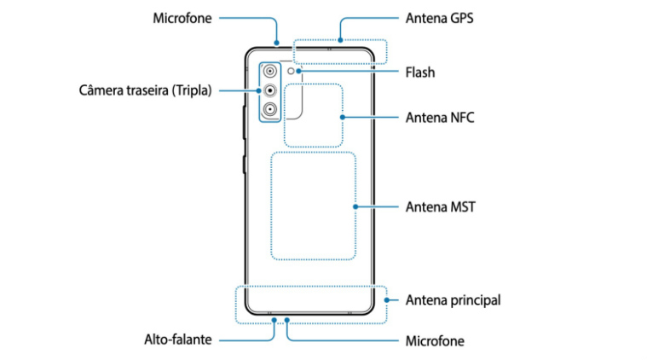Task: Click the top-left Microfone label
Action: [182, 18]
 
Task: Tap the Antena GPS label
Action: [440, 18]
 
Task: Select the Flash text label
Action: [420, 73]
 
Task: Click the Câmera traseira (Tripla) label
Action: [145, 90]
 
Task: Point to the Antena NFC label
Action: [440, 117]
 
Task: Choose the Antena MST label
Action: [440, 206]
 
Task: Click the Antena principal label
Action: [453, 300]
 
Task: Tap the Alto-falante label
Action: [178, 340]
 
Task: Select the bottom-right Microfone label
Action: [435, 341]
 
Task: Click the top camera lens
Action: [270, 72]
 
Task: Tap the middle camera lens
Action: [270, 90]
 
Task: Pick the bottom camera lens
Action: [270, 109]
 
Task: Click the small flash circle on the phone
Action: [291, 72]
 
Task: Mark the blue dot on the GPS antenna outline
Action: [340, 40]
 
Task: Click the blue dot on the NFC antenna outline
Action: [343, 117]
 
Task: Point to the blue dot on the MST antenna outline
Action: [355, 206]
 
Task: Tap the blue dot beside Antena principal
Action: [387, 300]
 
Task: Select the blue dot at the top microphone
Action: [276, 43]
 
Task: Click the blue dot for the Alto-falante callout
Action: [274, 320]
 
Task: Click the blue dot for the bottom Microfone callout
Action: [286, 320]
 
